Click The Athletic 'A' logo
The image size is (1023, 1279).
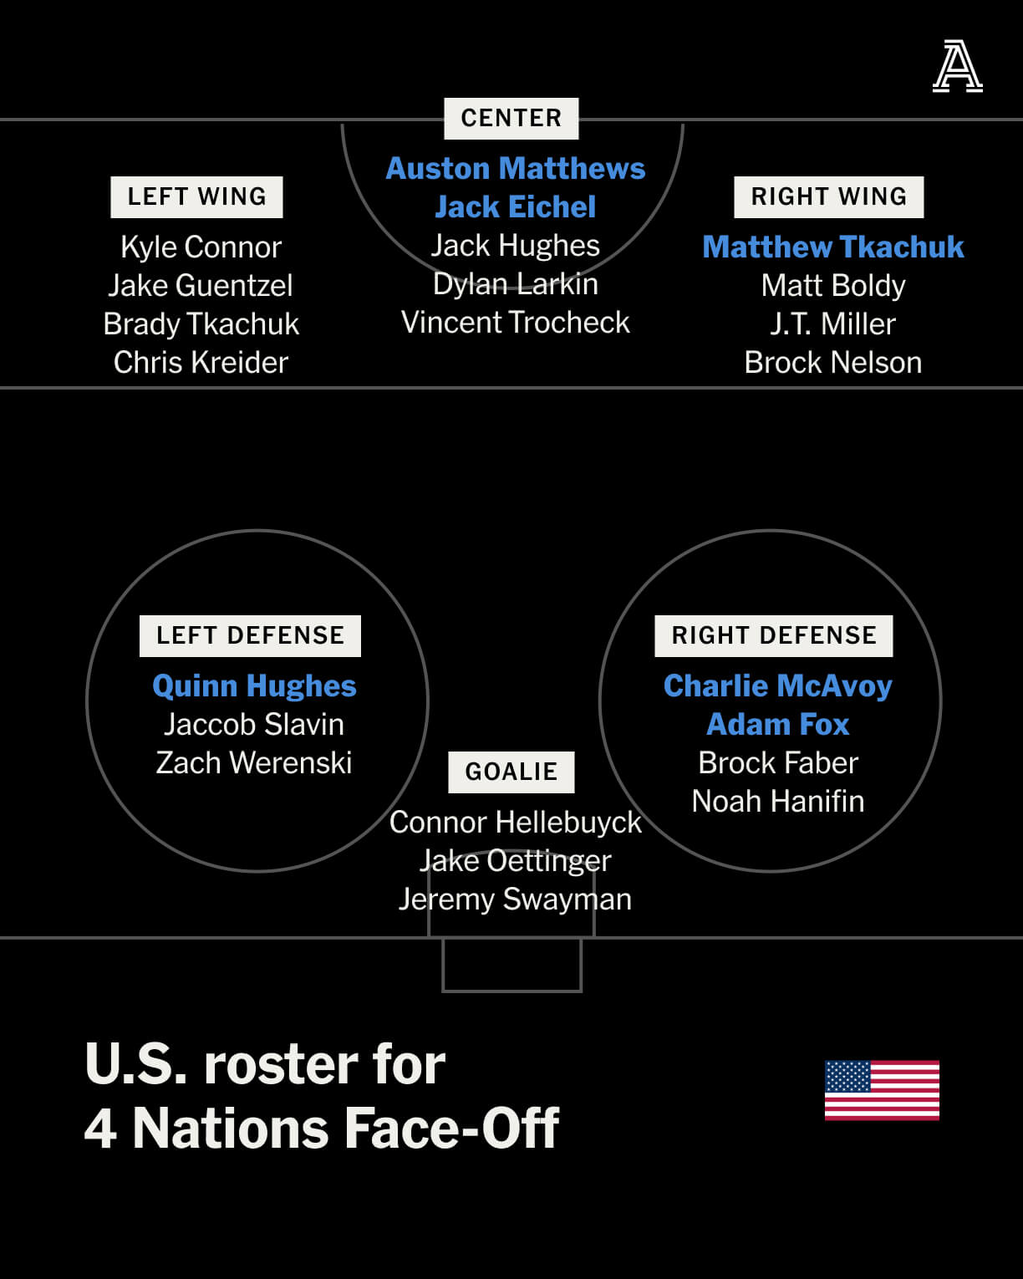[x=957, y=66]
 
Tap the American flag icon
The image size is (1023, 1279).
[x=882, y=1090]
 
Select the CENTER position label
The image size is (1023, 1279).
[x=511, y=118]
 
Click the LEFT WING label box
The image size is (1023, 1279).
[x=196, y=196]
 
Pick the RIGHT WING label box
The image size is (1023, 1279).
[x=828, y=196]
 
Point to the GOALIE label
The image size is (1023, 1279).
[x=511, y=772]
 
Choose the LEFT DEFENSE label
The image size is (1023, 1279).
[x=250, y=636]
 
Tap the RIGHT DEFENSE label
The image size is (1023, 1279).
[x=773, y=636]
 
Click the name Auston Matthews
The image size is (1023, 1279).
[x=516, y=168]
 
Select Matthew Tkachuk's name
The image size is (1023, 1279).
[x=832, y=247]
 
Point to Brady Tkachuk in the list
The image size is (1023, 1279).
[x=201, y=324]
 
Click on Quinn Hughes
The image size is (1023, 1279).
[x=254, y=686]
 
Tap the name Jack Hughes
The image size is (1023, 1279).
[x=516, y=246]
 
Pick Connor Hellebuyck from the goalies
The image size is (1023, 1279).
[x=516, y=823]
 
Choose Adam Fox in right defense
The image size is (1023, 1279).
[x=777, y=725]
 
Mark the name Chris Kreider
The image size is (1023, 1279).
[x=201, y=363]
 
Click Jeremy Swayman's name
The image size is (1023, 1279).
[x=516, y=899]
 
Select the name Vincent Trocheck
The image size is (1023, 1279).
[x=516, y=323]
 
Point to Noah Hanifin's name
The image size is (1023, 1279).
[x=777, y=801]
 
